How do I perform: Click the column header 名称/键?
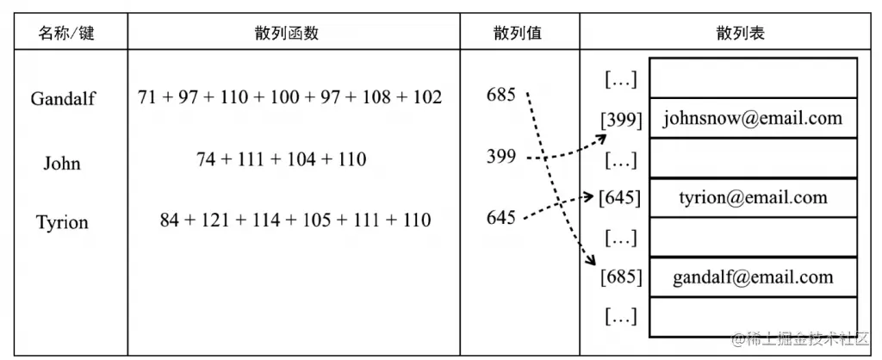65,34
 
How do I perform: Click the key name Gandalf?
63,98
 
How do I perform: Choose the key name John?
62,164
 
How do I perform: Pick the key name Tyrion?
62,223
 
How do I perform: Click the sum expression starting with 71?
289,97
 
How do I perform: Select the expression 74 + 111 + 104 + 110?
282,159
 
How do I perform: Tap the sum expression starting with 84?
295,220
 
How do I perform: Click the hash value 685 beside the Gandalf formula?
500,94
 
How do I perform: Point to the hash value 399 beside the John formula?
500,157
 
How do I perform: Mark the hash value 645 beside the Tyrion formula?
500,217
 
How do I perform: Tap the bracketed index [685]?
622,278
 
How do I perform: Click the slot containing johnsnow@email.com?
753,119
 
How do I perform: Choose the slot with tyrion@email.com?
753,198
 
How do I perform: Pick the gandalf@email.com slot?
753,277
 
